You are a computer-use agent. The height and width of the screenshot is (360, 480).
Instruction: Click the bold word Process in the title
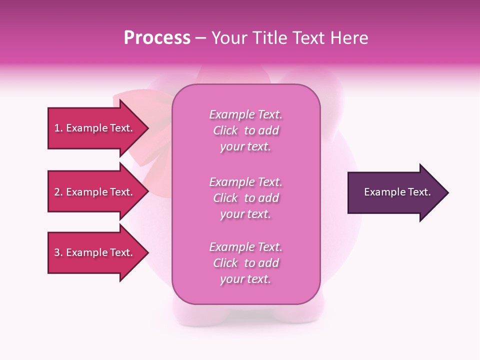pyautogui.click(x=157, y=38)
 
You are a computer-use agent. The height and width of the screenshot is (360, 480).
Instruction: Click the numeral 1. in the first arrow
pyautogui.click(x=58, y=128)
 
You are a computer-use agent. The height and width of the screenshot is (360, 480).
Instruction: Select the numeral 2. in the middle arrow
pyautogui.click(x=58, y=192)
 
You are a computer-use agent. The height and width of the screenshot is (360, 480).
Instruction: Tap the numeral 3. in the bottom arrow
pyautogui.click(x=58, y=252)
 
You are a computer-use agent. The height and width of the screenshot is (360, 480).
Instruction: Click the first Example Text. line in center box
pyautogui.click(x=245, y=114)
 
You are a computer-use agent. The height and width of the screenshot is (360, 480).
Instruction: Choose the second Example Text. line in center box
pyautogui.click(x=245, y=182)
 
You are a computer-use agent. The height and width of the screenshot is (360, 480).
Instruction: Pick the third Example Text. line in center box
pyautogui.click(x=245, y=247)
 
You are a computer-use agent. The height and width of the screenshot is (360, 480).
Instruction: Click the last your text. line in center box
pyautogui.click(x=245, y=279)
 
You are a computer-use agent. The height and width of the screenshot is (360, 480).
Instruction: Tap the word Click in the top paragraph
pyautogui.click(x=225, y=130)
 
